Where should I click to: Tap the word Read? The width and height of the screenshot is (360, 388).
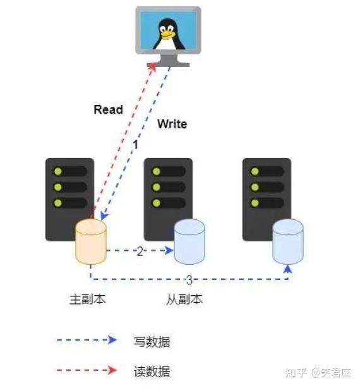point(108,109)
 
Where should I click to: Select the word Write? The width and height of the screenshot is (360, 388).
point(172,124)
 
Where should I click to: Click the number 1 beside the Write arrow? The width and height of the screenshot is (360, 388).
point(135,145)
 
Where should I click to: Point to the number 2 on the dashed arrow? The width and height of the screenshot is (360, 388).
point(140,251)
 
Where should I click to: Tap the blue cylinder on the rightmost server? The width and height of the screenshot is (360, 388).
point(288,242)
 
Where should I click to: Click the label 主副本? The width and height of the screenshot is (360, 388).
point(87,299)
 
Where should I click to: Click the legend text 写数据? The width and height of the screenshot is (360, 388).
point(152,342)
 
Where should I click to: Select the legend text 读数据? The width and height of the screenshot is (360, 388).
point(152,371)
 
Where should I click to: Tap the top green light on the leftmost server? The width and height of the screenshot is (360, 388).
point(58,171)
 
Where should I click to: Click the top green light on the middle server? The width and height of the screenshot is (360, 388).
point(157,171)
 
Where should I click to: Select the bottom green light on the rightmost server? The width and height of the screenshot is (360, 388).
point(255,203)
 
